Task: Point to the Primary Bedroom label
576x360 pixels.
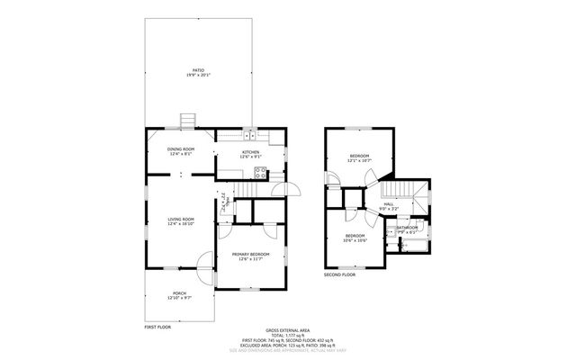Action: coord(250,256)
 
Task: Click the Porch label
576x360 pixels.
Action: coord(178,294)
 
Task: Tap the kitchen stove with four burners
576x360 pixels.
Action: coord(260,175)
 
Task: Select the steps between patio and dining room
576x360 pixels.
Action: coord(188,121)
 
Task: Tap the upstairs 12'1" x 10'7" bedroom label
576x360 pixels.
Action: coord(360,158)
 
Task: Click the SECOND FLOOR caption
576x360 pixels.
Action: coord(339,274)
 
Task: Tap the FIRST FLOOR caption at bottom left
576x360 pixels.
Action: coord(157,326)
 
